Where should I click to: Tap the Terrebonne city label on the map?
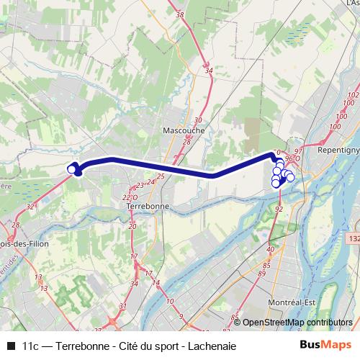(147, 205)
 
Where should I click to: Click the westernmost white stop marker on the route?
(71, 168)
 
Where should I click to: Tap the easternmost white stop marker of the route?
(290, 177)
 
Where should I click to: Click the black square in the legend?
(10, 345)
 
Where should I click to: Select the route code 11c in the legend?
(32, 345)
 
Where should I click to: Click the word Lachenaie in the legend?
(212, 345)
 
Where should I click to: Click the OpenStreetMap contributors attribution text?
(297, 323)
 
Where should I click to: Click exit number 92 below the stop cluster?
(279, 208)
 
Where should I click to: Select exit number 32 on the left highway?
(30, 206)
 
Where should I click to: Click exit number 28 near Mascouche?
(186, 143)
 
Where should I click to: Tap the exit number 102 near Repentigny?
(352, 95)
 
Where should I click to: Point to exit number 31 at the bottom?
(122, 307)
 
